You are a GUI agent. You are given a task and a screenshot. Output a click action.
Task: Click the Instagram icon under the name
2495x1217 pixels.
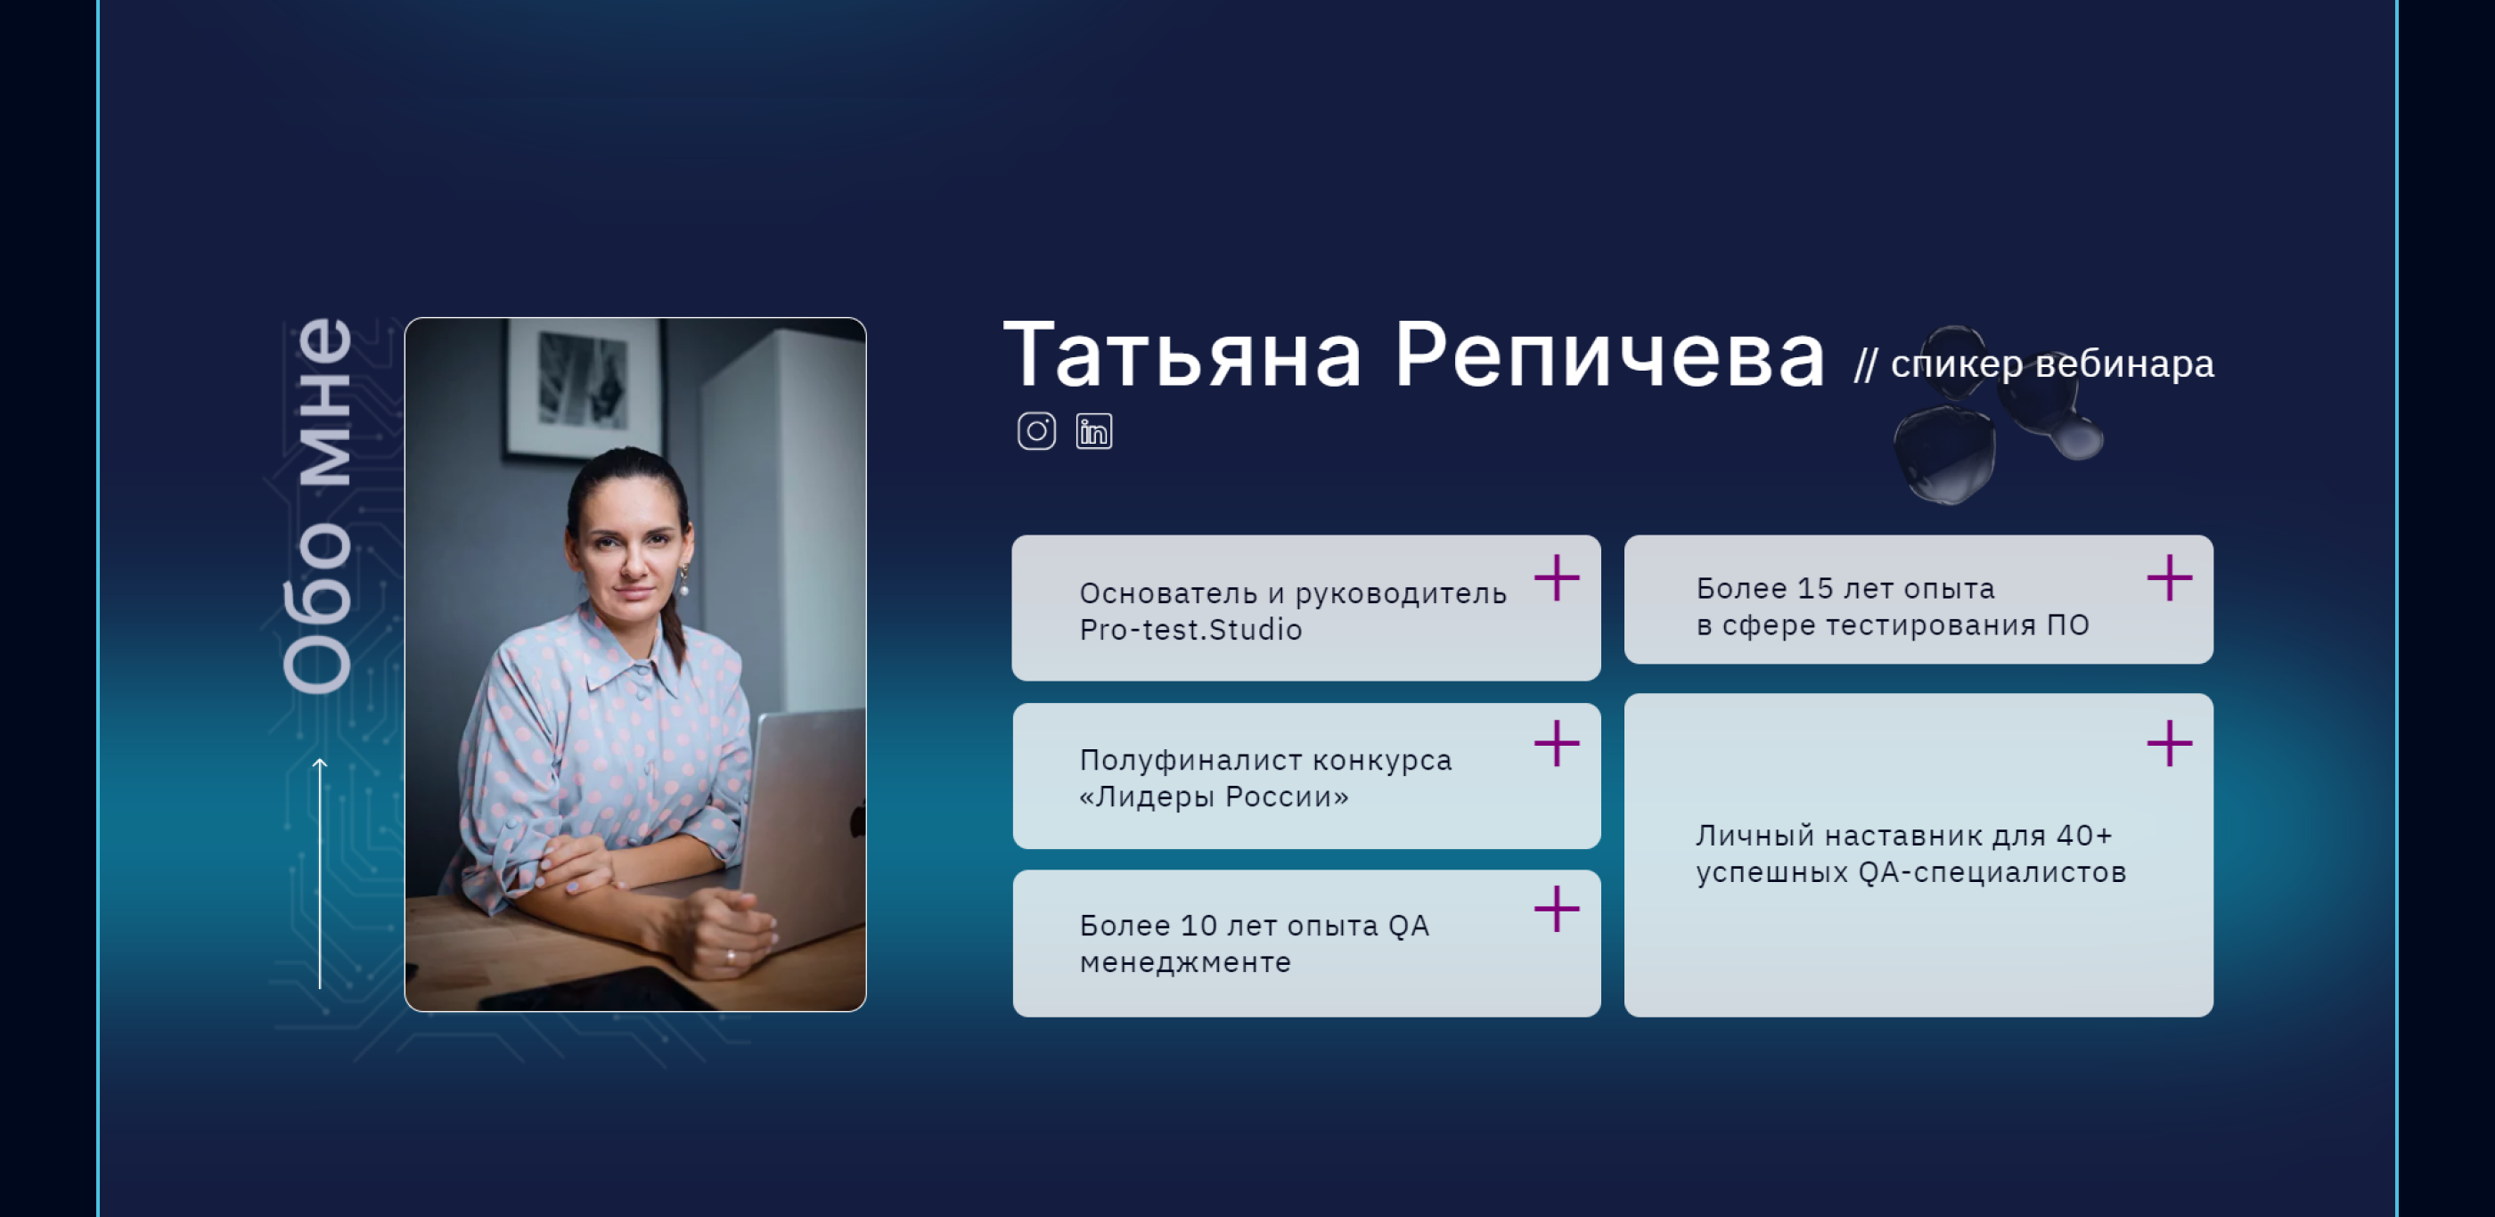[x=1036, y=431]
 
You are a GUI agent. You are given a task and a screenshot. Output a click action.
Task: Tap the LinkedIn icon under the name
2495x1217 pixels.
[x=1093, y=431]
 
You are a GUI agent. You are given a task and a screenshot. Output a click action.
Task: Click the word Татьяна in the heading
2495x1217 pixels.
[x=1182, y=355]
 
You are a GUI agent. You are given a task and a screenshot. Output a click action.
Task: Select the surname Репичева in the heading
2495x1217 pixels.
[x=1608, y=355]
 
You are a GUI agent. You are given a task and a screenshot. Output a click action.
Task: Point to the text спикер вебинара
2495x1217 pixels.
[x=2051, y=364]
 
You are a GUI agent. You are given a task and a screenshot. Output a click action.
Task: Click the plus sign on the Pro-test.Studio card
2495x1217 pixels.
[x=1557, y=578]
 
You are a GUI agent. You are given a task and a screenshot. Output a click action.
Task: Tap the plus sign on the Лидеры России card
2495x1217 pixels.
[x=1557, y=744]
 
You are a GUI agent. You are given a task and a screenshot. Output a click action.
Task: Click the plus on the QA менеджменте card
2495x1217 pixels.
[x=1557, y=909]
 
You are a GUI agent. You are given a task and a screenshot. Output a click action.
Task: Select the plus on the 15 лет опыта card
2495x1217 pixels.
[x=2170, y=578]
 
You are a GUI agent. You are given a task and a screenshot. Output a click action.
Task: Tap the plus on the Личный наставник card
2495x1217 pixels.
[x=2170, y=744]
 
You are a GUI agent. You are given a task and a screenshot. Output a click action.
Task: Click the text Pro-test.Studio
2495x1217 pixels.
[x=1190, y=629]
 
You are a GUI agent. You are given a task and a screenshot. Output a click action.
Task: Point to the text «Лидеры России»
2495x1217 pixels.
[x=1214, y=796]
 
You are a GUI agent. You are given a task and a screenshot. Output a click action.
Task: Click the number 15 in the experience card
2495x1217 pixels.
[x=1816, y=588]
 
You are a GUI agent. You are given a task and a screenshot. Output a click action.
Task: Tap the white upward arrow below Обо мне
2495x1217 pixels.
[x=320, y=874]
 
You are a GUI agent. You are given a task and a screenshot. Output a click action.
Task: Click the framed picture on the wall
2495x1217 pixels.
[x=584, y=388]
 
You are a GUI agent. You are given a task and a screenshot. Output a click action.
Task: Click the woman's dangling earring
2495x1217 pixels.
[x=683, y=580]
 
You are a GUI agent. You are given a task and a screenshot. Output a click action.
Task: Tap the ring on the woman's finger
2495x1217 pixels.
[x=731, y=957]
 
